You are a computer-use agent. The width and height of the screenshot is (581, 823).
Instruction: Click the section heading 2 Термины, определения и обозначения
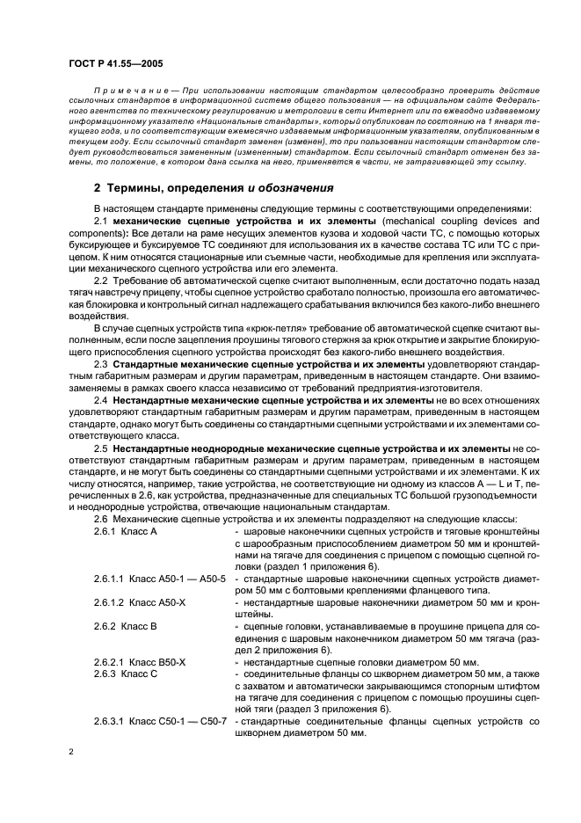213,188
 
